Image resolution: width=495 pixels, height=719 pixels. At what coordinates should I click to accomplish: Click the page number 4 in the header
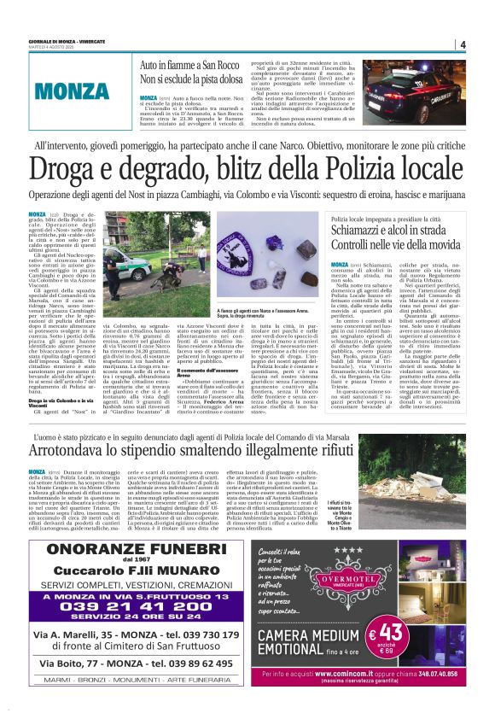tap(462, 44)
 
